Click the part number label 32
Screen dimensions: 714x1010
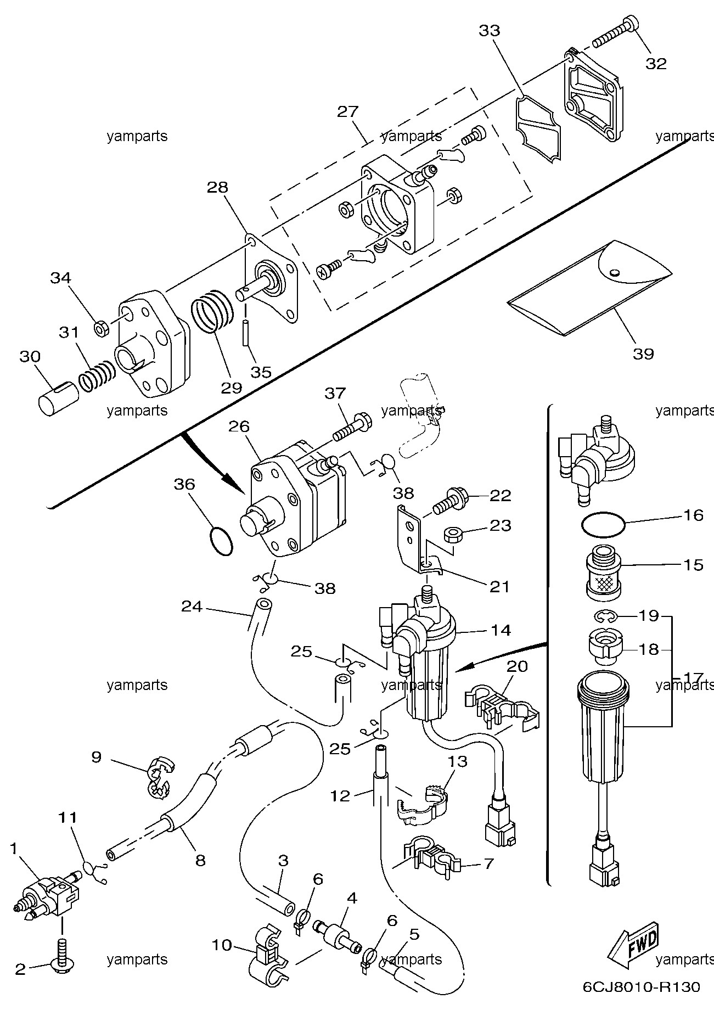pos(656,64)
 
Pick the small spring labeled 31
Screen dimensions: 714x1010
pos(97,376)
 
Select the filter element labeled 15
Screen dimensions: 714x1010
pos(604,574)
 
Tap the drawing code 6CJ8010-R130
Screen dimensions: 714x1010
pos(641,987)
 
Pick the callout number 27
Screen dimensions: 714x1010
pos(347,112)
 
